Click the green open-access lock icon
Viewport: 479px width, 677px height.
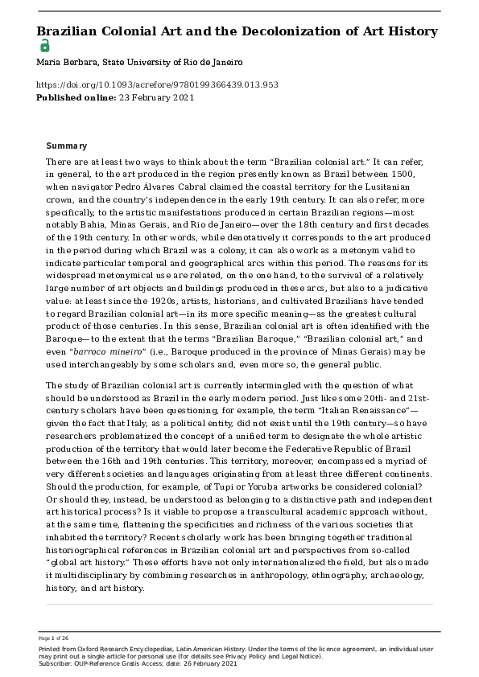(43, 46)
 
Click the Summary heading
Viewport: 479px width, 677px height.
(67, 146)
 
